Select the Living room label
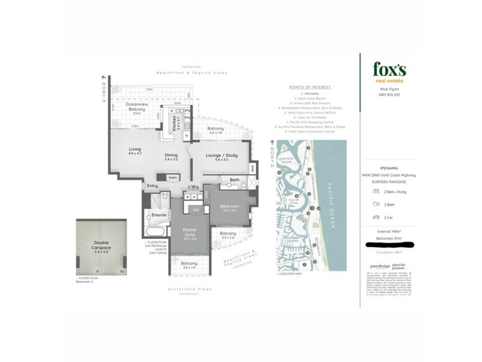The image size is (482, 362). coord(134,151)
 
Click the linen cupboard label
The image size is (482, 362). coord(172,177)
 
